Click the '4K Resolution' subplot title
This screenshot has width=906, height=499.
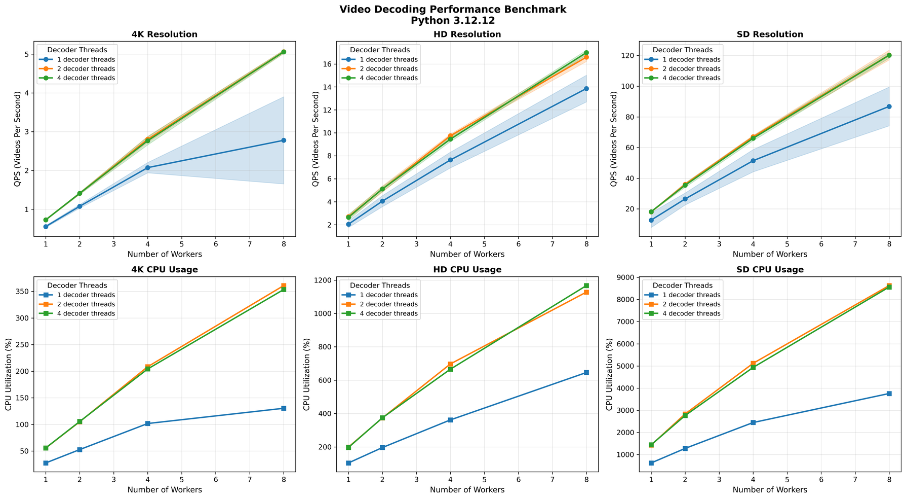[x=165, y=34]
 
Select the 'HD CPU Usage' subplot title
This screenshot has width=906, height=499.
[x=467, y=270]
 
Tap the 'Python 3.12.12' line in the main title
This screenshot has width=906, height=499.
[x=453, y=21]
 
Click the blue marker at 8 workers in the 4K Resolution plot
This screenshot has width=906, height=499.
[x=284, y=140]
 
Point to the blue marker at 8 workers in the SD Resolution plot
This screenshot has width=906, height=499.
[x=889, y=106]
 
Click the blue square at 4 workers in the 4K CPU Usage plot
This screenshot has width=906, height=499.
[x=147, y=423]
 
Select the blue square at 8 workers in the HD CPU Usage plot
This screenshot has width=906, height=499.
[x=586, y=372]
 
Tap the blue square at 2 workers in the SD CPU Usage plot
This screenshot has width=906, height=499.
[x=685, y=448]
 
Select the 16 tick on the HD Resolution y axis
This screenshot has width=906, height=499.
[x=327, y=64]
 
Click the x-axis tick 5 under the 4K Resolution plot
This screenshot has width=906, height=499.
[x=181, y=244]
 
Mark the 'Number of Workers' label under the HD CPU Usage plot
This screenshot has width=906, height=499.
[x=467, y=490]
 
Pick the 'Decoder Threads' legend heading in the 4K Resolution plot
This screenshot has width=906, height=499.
[x=77, y=50]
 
